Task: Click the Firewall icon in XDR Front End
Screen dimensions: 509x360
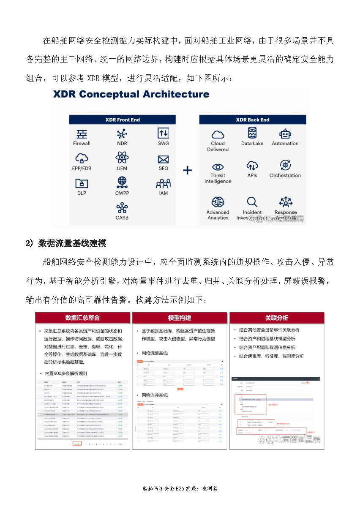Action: tap(82, 134)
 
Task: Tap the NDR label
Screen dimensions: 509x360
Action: tap(122, 144)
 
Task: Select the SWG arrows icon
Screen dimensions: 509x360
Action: tap(163, 133)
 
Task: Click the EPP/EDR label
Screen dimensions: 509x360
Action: tap(82, 169)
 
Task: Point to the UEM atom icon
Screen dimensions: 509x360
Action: tap(122, 158)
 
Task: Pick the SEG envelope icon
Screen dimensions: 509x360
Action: tap(163, 159)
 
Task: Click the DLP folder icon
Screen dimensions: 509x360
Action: tap(82, 183)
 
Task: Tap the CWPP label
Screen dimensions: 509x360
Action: tap(122, 193)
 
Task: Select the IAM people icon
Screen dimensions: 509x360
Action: tap(163, 183)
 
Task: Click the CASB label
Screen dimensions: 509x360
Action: tap(122, 218)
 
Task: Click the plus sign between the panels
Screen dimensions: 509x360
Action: tap(187, 170)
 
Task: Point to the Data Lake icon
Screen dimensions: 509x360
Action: tap(252, 133)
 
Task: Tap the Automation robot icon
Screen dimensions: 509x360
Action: tap(285, 134)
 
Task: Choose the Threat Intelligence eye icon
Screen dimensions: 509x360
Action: tap(218, 166)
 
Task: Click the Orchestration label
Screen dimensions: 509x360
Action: tap(285, 176)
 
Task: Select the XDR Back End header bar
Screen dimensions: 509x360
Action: tap(253, 120)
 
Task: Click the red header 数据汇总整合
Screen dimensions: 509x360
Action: tap(82, 318)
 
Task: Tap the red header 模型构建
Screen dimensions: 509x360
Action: tap(180, 318)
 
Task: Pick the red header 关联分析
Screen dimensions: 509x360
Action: tap(277, 318)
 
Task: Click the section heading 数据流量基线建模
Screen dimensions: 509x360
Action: tap(72, 243)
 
